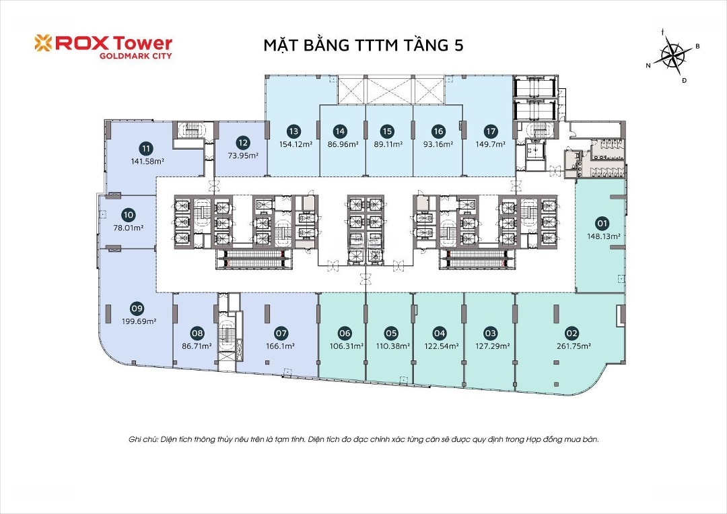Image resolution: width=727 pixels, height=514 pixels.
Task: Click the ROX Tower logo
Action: (x=104, y=47)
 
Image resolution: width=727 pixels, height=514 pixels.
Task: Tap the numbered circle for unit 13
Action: (x=293, y=131)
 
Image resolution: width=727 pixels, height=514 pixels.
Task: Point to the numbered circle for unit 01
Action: (x=602, y=224)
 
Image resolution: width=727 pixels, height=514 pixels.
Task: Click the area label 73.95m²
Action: (x=243, y=156)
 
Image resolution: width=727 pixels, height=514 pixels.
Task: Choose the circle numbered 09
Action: (x=137, y=309)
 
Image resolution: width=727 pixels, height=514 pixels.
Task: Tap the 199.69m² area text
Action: (x=139, y=321)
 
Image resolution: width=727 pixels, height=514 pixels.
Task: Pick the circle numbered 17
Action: (x=491, y=131)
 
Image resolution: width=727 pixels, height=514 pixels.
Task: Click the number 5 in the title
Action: (x=458, y=45)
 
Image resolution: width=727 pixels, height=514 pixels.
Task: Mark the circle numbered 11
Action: (x=147, y=148)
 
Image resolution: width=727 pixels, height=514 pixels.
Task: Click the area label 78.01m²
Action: (x=129, y=228)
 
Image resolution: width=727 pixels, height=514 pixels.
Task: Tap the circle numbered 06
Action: (x=345, y=333)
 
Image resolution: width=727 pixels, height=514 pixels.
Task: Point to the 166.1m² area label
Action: (x=281, y=346)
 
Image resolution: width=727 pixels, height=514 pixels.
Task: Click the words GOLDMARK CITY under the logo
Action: (x=136, y=56)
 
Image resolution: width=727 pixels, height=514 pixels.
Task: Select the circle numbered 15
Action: (x=387, y=131)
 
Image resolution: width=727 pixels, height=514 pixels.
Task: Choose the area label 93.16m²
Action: (x=438, y=143)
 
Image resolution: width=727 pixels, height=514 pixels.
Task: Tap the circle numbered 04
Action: (x=439, y=333)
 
